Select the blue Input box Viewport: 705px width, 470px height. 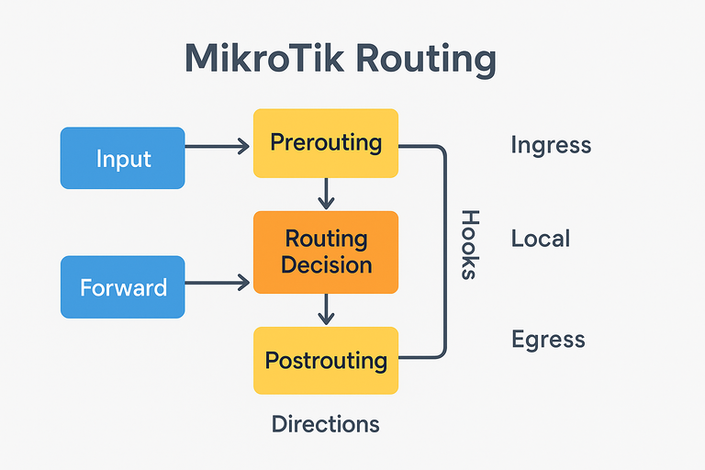click(x=123, y=158)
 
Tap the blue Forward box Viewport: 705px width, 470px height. click(x=123, y=287)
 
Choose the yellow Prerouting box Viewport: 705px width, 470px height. click(x=325, y=143)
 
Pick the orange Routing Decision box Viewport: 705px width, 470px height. click(x=325, y=252)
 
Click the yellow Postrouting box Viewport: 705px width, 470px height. click(x=325, y=360)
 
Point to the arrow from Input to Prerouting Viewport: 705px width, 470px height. click(x=217, y=145)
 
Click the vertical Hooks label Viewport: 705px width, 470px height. click(x=469, y=244)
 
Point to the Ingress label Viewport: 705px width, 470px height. click(x=551, y=145)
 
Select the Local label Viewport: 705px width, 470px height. click(x=541, y=240)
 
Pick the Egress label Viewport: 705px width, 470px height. click(x=548, y=340)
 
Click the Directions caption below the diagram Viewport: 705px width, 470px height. click(x=325, y=424)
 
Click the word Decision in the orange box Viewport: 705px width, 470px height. click(x=327, y=265)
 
